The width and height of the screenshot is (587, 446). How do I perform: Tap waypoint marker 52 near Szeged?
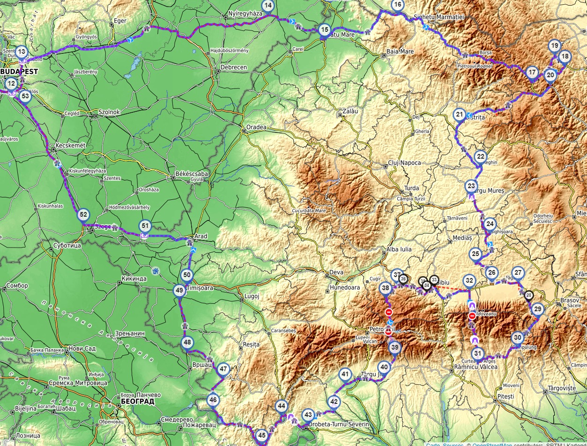pos(83,215)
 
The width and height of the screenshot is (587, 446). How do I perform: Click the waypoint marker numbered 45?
pos(262,436)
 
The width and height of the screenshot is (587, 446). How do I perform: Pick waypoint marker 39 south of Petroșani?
pos(395,348)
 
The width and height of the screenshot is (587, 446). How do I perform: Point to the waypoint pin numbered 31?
pos(477,354)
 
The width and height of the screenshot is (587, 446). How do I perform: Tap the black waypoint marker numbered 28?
pos(528,295)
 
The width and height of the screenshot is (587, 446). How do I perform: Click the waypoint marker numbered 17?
pos(532,73)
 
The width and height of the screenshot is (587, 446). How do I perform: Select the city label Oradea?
pos(256,127)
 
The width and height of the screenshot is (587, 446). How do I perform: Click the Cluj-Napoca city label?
pos(404,163)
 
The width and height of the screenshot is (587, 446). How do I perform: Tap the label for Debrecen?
pos(233,67)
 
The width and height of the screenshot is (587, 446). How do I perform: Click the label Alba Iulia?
pos(399,249)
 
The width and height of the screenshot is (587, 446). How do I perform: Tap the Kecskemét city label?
pos(70,146)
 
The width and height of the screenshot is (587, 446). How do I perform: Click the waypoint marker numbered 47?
pos(223,369)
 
